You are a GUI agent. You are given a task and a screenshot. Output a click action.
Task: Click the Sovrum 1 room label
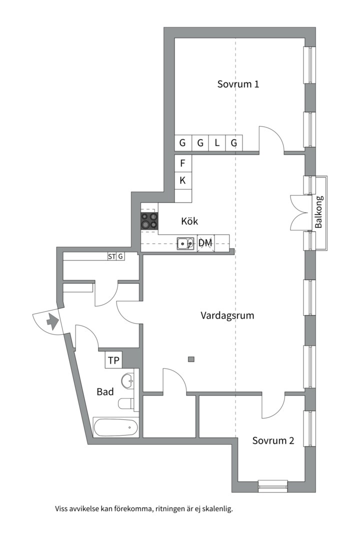pos(238,84)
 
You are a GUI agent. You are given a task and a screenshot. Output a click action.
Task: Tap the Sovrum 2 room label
pos(272,440)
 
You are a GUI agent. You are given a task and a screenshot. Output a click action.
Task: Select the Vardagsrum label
pos(227,315)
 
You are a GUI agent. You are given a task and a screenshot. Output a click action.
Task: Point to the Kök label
pos(190,220)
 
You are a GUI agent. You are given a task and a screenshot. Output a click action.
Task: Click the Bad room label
pos(105,392)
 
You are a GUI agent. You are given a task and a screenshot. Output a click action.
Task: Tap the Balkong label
pos(319,212)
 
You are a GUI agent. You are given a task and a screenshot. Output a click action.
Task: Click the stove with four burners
pos(149,220)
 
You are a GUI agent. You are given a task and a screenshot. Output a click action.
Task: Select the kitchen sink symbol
pos(186,243)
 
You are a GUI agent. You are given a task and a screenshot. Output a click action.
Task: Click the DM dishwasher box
pos(205,243)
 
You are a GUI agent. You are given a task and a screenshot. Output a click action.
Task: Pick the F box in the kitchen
pos(183,163)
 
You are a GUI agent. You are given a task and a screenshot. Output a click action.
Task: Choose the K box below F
pos(183,180)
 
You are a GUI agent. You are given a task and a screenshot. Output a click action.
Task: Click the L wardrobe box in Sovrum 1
pos(217,143)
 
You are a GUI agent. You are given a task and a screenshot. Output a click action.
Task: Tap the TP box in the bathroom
pos(113,360)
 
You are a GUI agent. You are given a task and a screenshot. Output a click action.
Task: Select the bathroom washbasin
pos(129,381)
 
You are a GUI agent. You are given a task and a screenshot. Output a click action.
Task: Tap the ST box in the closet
pos(111,256)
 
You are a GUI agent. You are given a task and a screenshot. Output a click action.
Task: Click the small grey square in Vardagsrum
pos(190,358)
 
